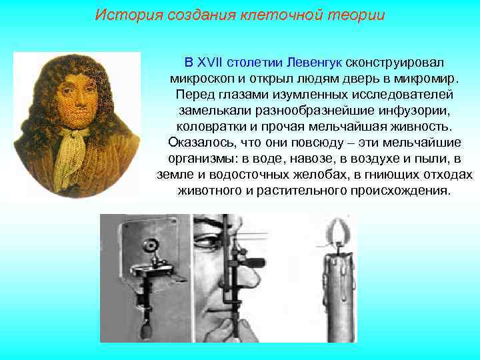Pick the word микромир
click(x=425, y=79)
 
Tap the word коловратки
click(x=207, y=126)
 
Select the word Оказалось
click(x=197, y=142)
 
